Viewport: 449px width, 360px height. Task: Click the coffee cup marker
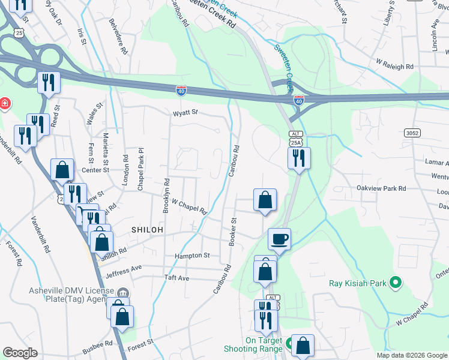point(279,239)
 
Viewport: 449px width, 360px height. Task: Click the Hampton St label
point(192,255)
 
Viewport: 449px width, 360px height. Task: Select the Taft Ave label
point(176,278)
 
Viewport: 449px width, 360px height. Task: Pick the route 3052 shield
point(412,133)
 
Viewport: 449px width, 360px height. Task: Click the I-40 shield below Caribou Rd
point(181,91)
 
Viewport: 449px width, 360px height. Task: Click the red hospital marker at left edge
point(5,104)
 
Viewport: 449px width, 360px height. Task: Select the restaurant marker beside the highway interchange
point(47,83)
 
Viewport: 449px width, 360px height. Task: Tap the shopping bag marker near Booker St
point(264,200)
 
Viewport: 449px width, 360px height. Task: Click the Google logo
point(20,353)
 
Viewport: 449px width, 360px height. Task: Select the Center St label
point(95,170)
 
